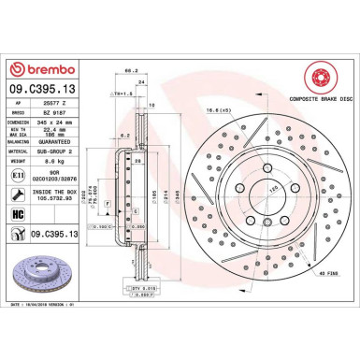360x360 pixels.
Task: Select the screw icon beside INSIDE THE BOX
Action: (20, 193)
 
